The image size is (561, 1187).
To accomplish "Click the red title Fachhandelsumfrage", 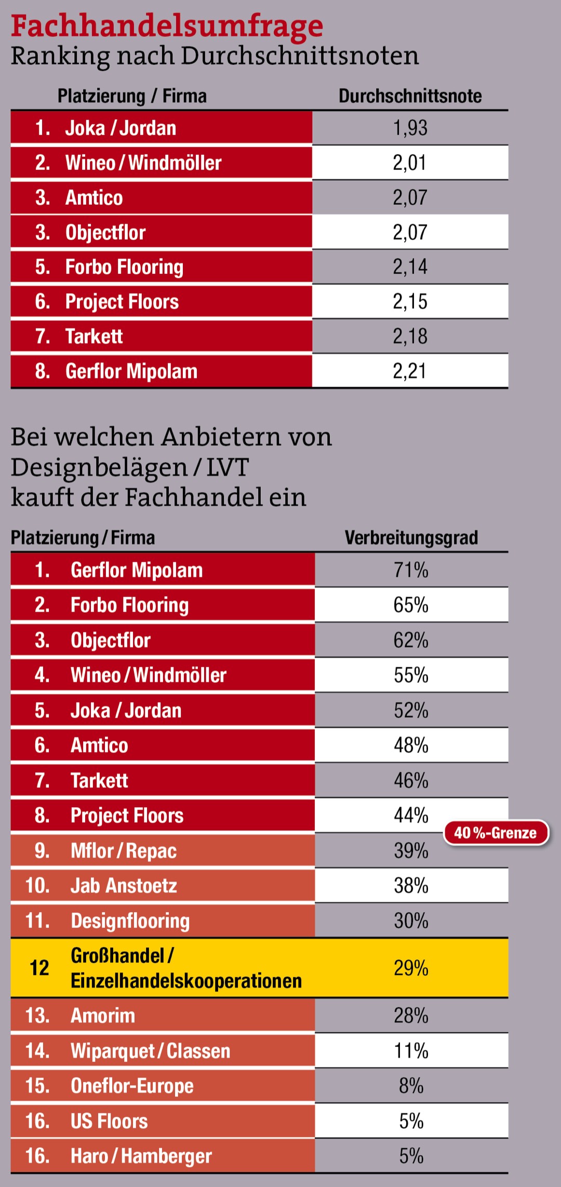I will coord(167,26).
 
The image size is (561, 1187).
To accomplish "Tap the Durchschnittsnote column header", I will coord(410,96).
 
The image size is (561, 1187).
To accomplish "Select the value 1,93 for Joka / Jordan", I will coord(410,128).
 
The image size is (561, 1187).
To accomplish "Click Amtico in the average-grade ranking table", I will coord(94,198).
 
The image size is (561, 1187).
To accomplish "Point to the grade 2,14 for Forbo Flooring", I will coord(410,267).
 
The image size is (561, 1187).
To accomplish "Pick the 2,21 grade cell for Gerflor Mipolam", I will coord(410,372).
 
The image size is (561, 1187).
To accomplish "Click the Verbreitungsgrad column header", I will coord(411,538).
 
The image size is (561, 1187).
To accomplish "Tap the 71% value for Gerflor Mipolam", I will coord(411,571).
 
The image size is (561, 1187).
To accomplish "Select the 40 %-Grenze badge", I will coord(496,833).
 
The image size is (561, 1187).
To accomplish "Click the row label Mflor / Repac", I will coord(124,851).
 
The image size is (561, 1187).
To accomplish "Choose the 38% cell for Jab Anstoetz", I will coord(411,886).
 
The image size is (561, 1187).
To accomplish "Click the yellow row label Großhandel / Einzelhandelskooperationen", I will coord(186,968).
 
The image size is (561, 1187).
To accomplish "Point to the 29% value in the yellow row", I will coord(411,968).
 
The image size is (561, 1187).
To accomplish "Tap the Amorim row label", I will coord(103,1016).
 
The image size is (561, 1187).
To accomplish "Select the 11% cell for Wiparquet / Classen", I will coord(411,1051).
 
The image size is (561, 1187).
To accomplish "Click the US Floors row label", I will coord(109,1122).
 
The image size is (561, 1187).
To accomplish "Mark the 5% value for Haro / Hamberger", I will coord(411,1156).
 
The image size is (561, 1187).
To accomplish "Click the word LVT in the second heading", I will coord(228,467).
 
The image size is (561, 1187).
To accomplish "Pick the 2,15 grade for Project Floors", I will coord(410,302).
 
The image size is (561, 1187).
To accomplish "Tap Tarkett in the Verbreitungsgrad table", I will coord(99,781).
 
